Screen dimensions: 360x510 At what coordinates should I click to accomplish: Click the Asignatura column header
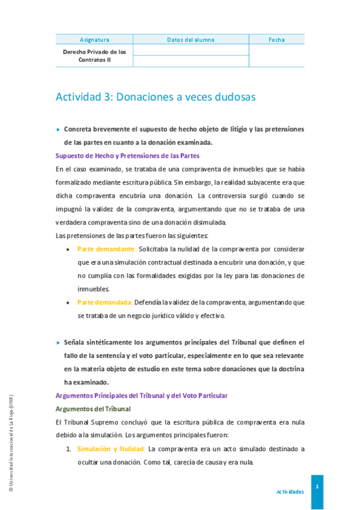pyautogui.click(x=94, y=40)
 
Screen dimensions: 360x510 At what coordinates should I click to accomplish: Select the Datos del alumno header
pyautogui.click(x=191, y=40)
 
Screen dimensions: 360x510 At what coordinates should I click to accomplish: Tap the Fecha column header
pyautogui.click(x=276, y=40)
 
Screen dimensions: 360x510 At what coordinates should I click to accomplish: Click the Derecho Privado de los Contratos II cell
pyautogui.click(x=94, y=55)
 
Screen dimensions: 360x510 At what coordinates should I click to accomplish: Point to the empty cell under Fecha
pyautogui.click(x=276, y=55)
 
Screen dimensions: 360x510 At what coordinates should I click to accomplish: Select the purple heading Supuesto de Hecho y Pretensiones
pyautogui.click(x=127, y=156)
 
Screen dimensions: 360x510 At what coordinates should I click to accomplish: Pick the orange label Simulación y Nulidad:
pyautogui.click(x=111, y=449)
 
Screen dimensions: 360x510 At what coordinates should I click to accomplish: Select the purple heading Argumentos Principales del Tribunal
pyautogui.click(x=141, y=395)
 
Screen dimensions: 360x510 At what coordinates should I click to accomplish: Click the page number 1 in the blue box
pyautogui.click(x=317, y=485)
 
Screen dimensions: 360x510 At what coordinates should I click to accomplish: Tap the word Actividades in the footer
pyautogui.click(x=290, y=491)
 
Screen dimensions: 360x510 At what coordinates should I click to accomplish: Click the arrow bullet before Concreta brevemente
pyautogui.click(x=58, y=129)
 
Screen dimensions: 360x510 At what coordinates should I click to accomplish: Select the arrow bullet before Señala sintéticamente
pyautogui.click(x=58, y=342)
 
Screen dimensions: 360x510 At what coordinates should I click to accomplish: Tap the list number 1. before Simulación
pyautogui.click(x=69, y=449)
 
